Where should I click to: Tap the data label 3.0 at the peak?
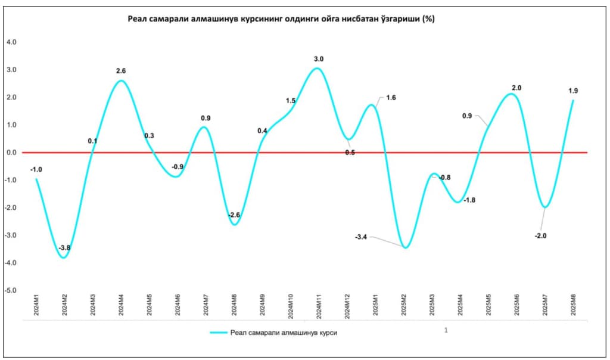(x=319, y=59)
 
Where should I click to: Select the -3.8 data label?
(x=64, y=248)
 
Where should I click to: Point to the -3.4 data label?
(x=361, y=237)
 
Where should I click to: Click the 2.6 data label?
(x=121, y=71)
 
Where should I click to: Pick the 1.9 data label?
(x=573, y=91)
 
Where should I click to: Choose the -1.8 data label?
(x=469, y=200)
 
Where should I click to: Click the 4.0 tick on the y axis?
(x=11, y=42)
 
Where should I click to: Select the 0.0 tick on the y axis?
(x=11, y=153)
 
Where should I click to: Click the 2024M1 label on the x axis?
(x=36, y=304)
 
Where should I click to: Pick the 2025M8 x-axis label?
(x=573, y=304)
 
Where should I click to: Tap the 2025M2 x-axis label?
(x=403, y=304)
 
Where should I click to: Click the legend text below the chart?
(x=284, y=333)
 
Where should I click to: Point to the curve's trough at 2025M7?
(x=544, y=207)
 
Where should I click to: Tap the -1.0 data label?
(x=36, y=169)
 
